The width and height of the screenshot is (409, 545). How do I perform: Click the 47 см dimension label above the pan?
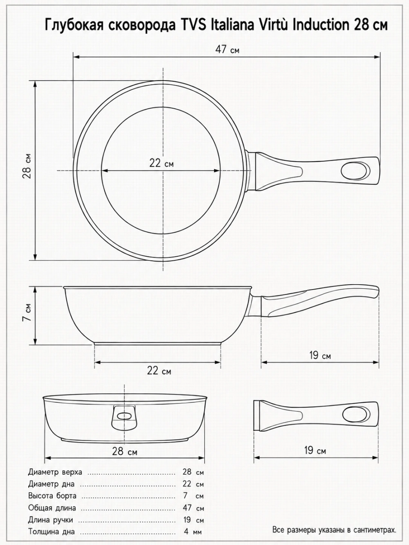[x=227, y=49]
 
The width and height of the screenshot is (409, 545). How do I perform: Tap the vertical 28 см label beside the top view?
[x=27, y=166]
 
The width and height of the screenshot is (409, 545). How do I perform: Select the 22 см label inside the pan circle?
[x=162, y=163]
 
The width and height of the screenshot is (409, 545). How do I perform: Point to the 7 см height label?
[x=27, y=312]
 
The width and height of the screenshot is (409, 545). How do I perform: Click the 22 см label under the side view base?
[x=159, y=371]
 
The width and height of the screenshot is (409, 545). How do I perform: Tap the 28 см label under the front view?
[x=124, y=451]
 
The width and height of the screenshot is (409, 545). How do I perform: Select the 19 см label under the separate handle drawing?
[x=315, y=450]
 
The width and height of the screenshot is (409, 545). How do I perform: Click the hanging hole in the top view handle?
[x=355, y=171]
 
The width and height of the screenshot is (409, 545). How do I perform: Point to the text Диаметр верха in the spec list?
[x=55, y=472]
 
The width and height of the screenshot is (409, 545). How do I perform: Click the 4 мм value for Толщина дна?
[x=193, y=532]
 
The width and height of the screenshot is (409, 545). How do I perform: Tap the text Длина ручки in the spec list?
[x=50, y=520]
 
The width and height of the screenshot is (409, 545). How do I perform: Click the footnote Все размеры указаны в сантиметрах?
[x=334, y=529]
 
